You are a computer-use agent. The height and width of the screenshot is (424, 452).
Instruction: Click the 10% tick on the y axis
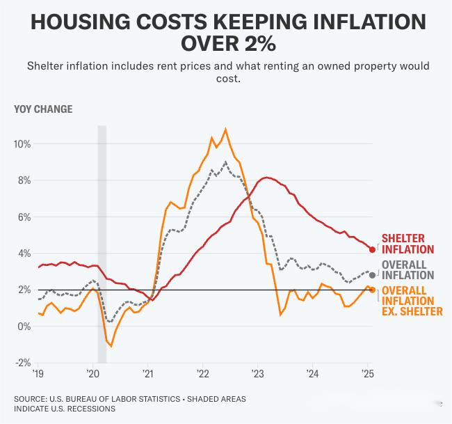pos(22,144)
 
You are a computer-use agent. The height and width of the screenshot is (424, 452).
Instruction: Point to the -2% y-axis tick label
pos(22,363)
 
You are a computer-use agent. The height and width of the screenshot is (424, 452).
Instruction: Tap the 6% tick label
pos(24,217)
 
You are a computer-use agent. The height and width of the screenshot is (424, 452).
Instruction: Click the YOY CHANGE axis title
pos(43,109)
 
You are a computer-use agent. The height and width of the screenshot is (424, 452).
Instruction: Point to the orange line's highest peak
pos(225,129)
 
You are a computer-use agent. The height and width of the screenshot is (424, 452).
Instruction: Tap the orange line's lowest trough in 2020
pos(111,346)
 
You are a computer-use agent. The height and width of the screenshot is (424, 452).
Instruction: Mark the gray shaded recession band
pos(102,244)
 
